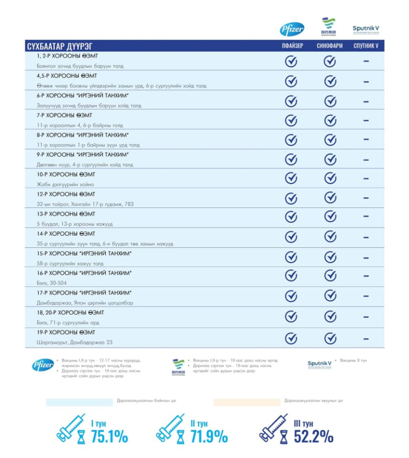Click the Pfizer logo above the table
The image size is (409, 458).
(x=292, y=29)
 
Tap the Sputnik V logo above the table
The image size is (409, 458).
(x=366, y=29)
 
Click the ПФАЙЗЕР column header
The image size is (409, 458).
(x=292, y=46)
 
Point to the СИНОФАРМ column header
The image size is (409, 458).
(x=330, y=46)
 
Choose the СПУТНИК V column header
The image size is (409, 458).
(x=366, y=46)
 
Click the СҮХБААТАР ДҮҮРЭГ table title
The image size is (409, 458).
(x=59, y=47)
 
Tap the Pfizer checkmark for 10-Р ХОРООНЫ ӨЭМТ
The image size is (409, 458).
(x=291, y=179)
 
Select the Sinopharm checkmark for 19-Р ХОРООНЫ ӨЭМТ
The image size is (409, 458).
(x=330, y=338)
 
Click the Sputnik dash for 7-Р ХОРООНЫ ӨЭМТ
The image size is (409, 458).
(x=366, y=120)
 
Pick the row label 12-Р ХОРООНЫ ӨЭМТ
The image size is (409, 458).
(x=66, y=194)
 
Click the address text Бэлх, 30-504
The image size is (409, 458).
(x=52, y=283)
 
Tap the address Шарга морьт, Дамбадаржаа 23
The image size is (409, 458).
(x=74, y=342)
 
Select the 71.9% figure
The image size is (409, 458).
(x=209, y=436)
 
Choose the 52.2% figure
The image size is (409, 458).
(x=313, y=436)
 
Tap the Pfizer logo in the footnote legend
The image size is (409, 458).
(x=43, y=365)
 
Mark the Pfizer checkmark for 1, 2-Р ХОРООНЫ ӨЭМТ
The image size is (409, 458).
(x=291, y=61)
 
